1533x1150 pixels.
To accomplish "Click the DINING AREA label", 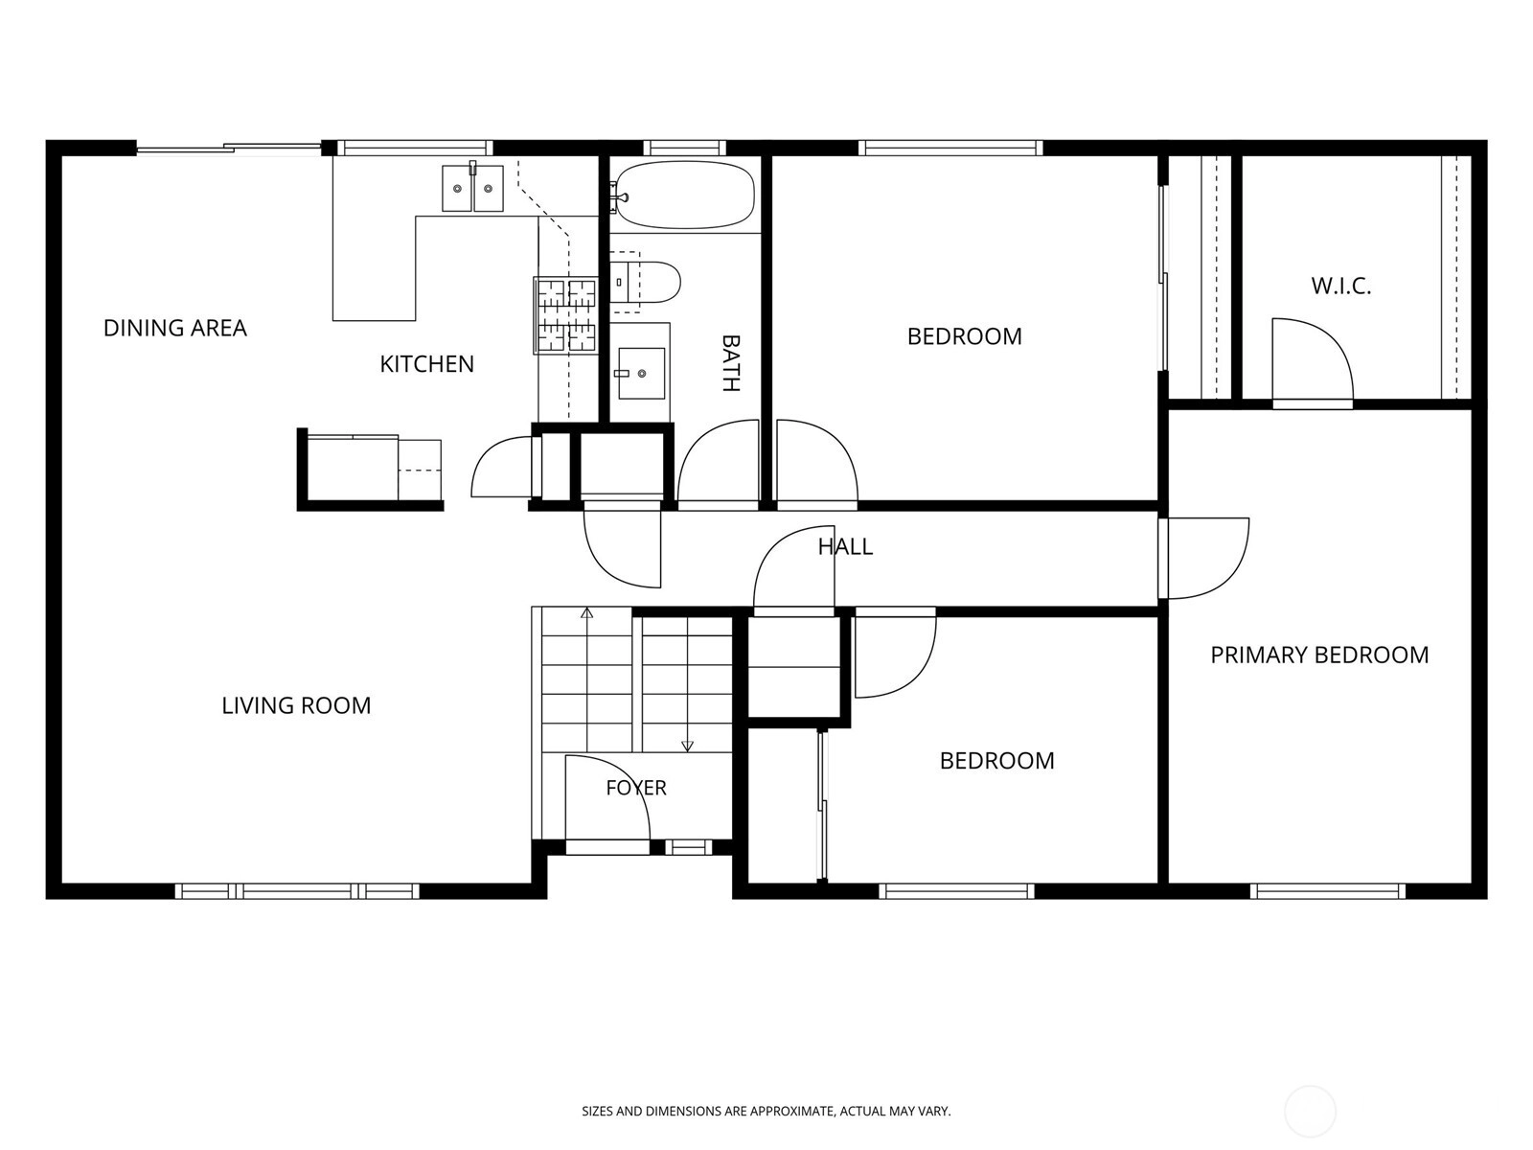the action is (x=174, y=328).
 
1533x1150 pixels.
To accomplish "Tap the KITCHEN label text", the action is (x=426, y=364).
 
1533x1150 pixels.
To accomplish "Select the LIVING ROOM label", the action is (x=296, y=705).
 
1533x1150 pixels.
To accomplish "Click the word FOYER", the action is (x=635, y=788).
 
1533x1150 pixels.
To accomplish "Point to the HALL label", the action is (x=845, y=546).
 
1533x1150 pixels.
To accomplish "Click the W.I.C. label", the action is (x=1341, y=286).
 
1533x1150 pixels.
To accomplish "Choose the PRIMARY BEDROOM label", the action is (x=1319, y=655).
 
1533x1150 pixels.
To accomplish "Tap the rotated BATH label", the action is (x=730, y=363).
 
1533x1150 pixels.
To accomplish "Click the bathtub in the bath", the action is (x=684, y=195).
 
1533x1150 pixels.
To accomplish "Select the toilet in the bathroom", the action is (x=645, y=282).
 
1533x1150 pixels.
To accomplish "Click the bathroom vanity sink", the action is (x=641, y=374).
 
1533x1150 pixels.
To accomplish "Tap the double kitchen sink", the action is (x=472, y=188).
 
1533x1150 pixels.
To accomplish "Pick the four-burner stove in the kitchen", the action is (x=565, y=315).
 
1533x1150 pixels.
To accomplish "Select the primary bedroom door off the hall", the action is (x=1203, y=559).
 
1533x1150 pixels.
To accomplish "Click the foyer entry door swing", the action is (x=606, y=798).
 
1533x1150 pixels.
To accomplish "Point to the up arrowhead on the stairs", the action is (x=586, y=613).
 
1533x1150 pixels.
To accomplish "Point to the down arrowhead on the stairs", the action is (x=687, y=747).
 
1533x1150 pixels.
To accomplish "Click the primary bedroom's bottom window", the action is (x=1327, y=891).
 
